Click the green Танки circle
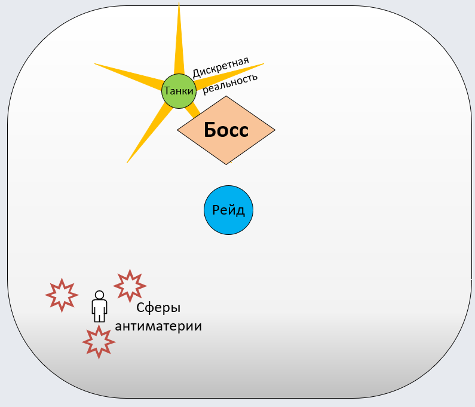179,91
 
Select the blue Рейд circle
228,210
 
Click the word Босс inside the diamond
226,130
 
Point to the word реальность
231,83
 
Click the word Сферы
158,308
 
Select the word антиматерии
158,326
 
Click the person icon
99,307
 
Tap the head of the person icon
99,295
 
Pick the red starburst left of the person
62,295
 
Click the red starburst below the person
99,341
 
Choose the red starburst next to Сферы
130,285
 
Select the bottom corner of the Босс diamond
226,164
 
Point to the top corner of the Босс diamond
226,96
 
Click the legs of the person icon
99,317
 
